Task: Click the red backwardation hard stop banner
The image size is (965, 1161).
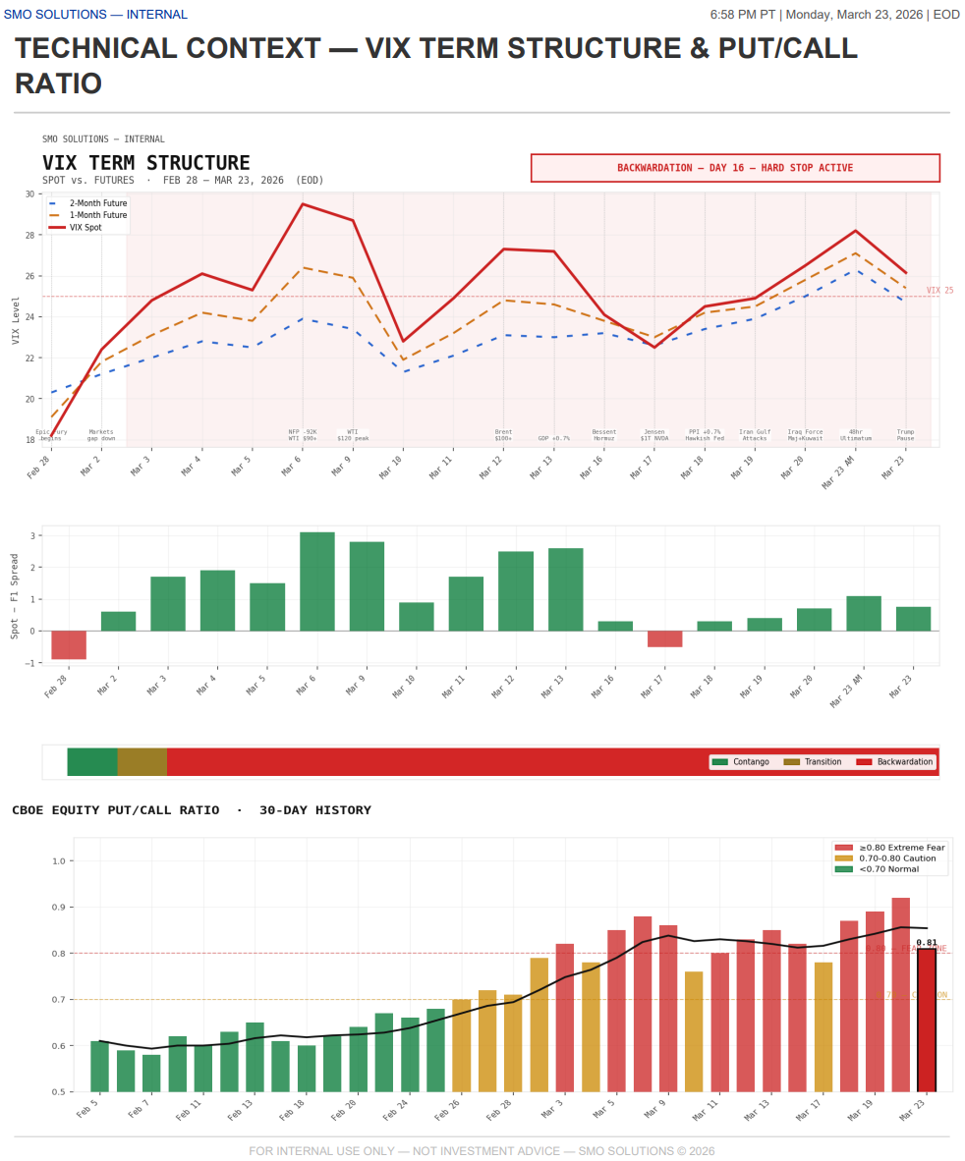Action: pos(735,168)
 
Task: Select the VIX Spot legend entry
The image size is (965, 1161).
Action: pos(85,227)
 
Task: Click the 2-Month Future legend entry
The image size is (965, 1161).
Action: pos(97,203)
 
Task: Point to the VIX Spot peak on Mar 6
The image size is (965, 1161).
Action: pos(302,204)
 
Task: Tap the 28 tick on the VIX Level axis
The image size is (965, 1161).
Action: pos(28,235)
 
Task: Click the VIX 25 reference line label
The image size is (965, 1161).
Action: pos(939,291)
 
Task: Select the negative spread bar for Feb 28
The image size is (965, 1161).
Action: pos(69,644)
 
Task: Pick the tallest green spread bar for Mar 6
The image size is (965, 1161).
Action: pos(316,581)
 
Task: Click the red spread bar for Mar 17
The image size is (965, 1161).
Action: pos(664,638)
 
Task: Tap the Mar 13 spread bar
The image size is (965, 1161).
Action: pos(565,589)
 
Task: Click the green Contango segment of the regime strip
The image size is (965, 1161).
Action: pos(91,761)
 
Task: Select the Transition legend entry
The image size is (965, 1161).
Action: pos(822,762)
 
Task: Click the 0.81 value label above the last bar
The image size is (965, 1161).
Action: pos(926,943)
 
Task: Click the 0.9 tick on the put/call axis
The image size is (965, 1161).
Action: pos(58,908)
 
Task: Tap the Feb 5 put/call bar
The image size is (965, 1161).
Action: pos(99,1066)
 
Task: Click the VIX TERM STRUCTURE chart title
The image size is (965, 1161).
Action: pos(145,163)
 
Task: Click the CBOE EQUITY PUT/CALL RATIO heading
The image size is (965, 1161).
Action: pos(192,810)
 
